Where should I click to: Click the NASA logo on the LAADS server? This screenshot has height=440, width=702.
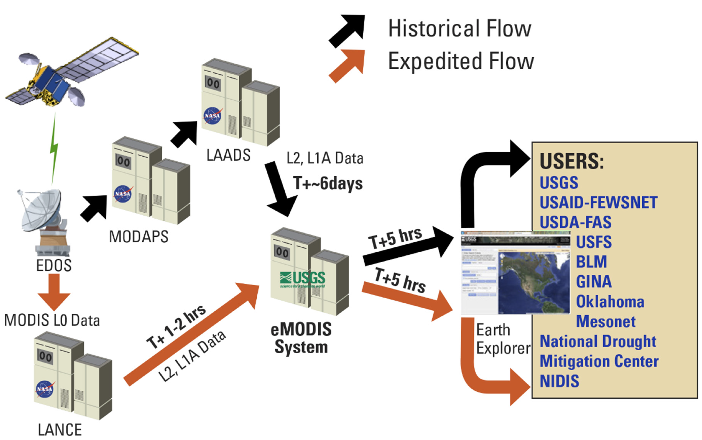[212, 116]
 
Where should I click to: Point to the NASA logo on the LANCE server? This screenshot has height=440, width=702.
[45, 389]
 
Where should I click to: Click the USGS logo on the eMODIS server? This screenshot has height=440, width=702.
[303, 279]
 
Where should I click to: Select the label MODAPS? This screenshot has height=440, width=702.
[139, 237]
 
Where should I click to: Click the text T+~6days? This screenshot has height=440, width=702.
[328, 183]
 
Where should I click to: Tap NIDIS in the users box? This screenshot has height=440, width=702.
[559, 381]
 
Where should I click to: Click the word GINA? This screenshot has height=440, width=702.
[594, 282]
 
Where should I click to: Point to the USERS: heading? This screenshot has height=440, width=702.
[572, 161]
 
